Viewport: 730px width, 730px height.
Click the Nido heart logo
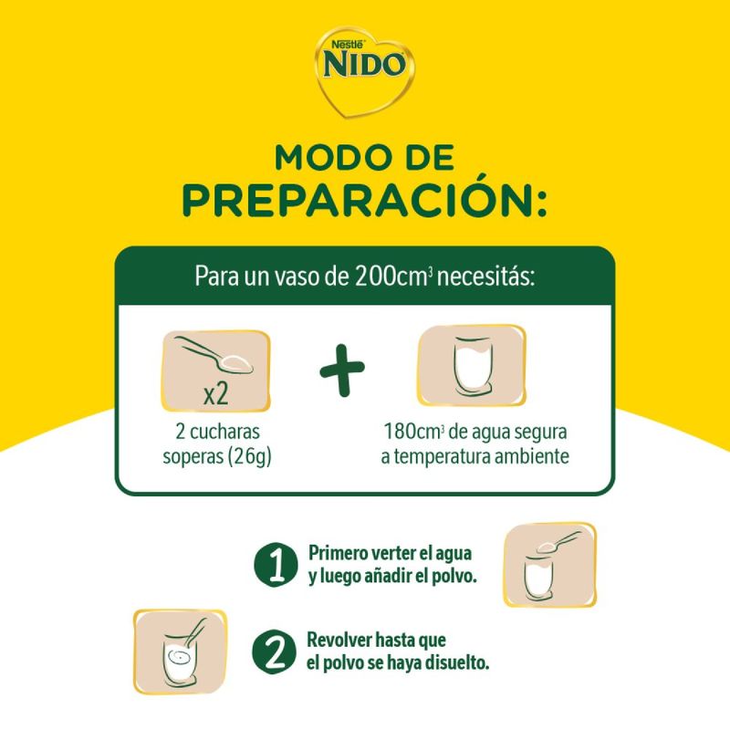pos(364,71)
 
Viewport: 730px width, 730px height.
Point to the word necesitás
pos(485,276)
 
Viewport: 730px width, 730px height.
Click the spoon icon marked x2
pos(215,371)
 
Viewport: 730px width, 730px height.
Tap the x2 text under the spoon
pos(216,394)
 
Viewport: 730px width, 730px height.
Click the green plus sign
pos(342,370)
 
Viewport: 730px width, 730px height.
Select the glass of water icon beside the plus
pos(472,366)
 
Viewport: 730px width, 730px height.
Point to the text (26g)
pos(249,457)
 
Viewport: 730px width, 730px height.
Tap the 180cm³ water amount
pos(412,432)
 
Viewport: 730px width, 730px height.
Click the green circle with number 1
pos(276,564)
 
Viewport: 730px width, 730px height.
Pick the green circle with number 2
pos(275,652)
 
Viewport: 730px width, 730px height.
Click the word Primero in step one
pos(339,554)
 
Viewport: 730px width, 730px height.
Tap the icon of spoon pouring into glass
pos(550,565)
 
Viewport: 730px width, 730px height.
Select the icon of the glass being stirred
pos(180,652)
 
